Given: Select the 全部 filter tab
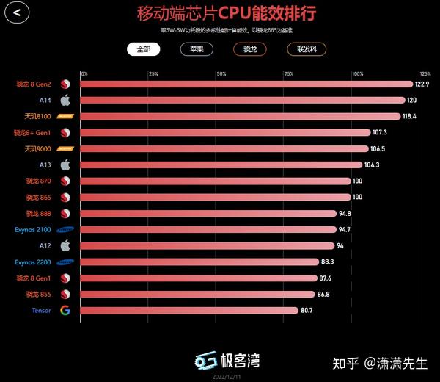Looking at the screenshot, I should coord(142,49).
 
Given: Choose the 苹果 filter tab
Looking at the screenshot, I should coord(197,49).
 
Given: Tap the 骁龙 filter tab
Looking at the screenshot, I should coord(250,49).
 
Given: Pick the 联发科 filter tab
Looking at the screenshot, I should coord(307,49).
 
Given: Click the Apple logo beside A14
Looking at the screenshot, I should coord(65,100).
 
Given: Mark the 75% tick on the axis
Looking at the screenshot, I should coord(289,73).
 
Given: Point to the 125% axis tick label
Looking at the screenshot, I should coord(425,73).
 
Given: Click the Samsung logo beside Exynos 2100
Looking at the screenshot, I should coord(65,229).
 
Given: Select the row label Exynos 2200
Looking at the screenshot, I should coord(34,262).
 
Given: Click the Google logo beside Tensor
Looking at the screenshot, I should coord(65,310).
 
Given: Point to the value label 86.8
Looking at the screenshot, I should coord(326,294).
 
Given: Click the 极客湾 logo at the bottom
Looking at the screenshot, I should coord(227,360).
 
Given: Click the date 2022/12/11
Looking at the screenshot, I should coord(227,376).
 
